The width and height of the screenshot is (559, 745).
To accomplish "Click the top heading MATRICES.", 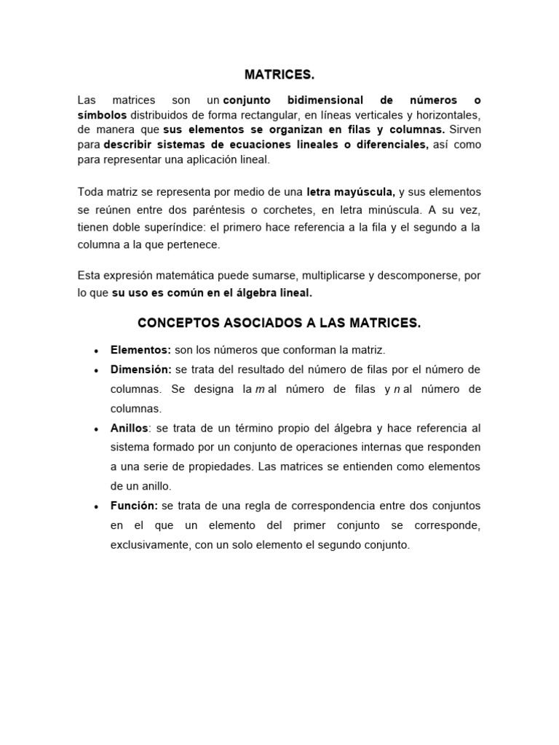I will [279, 75].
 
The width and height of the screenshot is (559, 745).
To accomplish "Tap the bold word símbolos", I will [102, 115].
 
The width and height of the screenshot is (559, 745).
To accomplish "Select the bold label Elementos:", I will [140, 350].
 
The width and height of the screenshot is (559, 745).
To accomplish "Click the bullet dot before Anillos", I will [96, 429].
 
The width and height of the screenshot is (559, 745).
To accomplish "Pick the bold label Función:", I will [134, 506].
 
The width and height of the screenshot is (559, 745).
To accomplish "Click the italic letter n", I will [397, 389].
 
